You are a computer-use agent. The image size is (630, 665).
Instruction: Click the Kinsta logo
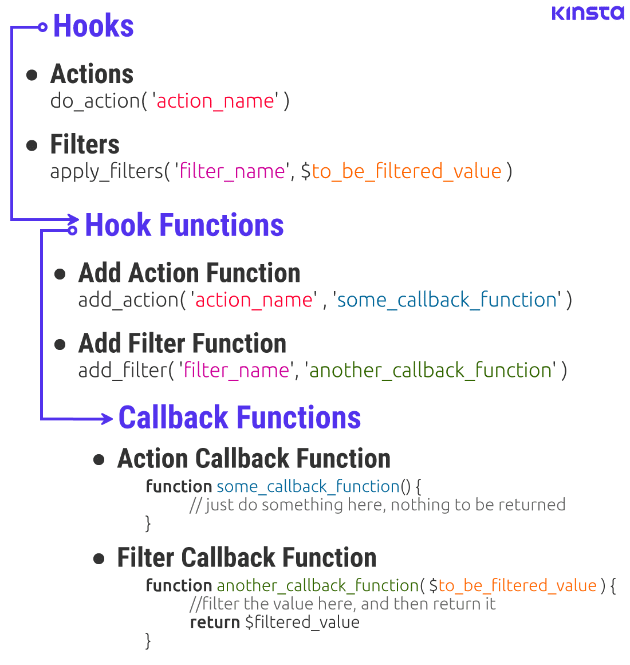pyautogui.click(x=588, y=13)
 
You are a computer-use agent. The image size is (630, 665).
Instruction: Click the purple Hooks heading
pyautogui.click(x=93, y=26)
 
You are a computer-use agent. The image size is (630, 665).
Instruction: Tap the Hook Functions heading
pyautogui.click(x=184, y=225)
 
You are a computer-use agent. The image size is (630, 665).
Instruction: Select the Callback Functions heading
pyautogui.click(x=239, y=418)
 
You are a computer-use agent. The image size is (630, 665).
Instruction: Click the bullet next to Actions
pyautogui.click(x=32, y=75)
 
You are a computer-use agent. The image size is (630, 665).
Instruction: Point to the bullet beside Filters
pyautogui.click(x=32, y=145)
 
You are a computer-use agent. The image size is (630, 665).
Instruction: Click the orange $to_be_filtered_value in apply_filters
pyautogui.click(x=407, y=171)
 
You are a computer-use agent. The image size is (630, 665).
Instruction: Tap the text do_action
pyautogui.click(x=94, y=101)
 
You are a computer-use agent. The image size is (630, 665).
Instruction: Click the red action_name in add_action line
pyautogui.click(x=254, y=300)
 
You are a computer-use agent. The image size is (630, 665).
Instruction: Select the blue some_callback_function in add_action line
pyautogui.click(x=447, y=300)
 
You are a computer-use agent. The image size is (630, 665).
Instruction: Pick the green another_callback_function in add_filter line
pyautogui.click(x=430, y=370)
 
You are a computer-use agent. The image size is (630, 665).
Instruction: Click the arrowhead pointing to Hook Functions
pyautogui.click(x=73, y=219)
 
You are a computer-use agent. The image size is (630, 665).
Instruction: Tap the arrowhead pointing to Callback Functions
pyautogui.click(x=107, y=419)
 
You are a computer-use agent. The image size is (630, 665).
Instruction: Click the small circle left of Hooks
pyautogui.click(x=42, y=27)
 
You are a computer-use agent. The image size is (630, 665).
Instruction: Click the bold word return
pyautogui.click(x=215, y=622)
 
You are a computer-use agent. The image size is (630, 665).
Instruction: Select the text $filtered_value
pyautogui.click(x=302, y=622)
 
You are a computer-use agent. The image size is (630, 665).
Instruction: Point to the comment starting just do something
pyautogui.click(x=377, y=505)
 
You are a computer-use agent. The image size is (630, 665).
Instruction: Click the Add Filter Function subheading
pyautogui.click(x=182, y=344)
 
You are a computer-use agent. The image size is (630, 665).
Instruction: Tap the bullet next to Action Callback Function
pyautogui.click(x=99, y=459)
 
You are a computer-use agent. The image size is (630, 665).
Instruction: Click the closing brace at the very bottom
pyautogui.click(x=148, y=640)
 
